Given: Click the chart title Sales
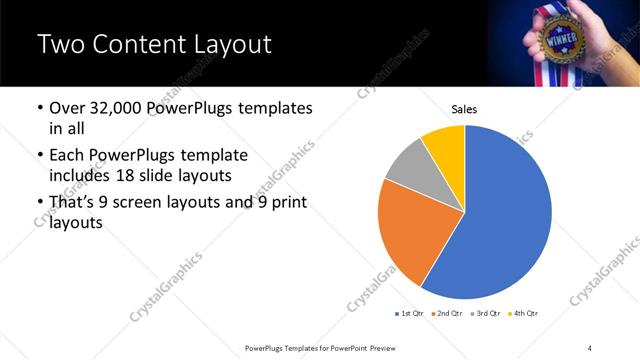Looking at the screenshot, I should (x=464, y=108).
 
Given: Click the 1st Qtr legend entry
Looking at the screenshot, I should (x=410, y=314).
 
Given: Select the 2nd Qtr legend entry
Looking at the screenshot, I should (x=446, y=314).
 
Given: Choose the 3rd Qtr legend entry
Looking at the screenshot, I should (x=484, y=314).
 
